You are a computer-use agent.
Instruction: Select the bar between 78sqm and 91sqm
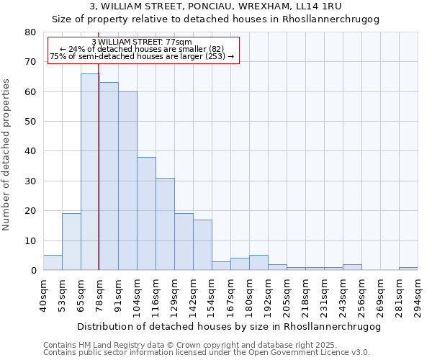(x=109, y=176)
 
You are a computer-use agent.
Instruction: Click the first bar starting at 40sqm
(x=53, y=263)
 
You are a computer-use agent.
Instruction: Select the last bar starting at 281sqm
(x=408, y=269)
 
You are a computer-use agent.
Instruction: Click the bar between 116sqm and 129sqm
(x=165, y=224)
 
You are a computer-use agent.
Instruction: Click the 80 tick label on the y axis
(x=30, y=32)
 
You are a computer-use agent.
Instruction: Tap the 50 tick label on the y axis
(x=30, y=122)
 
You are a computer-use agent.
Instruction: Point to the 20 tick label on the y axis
(x=30, y=211)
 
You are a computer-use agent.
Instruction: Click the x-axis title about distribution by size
(x=228, y=327)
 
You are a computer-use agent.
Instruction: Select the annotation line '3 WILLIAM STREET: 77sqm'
(x=143, y=42)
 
